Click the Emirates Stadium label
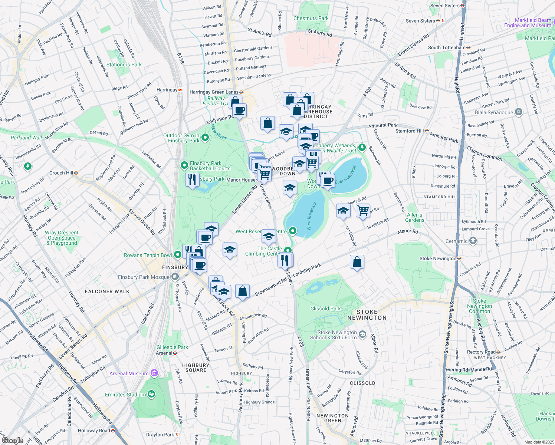click(x=126, y=395)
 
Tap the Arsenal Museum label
click(x=129, y=373)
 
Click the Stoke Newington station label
click(x=438, y=258)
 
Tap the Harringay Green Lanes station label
click(x=214, y=92)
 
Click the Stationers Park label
click(x=124, y=65)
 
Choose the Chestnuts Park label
click(x=311, y=18)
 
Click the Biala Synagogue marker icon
click(x=519, y=112)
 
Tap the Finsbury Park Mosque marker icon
click(x=175, y=277)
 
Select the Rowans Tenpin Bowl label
click(x=148, y=255)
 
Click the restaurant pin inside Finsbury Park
click(x=192, y=180)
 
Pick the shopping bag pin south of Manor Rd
click(x=357, y=262)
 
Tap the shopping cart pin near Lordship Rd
click(x=363, y=210)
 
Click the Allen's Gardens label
click(x=414, y=217)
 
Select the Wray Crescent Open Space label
click(x=62, y=238)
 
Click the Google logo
click(x=12, y=441)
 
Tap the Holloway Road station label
click(x=94, y=431)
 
